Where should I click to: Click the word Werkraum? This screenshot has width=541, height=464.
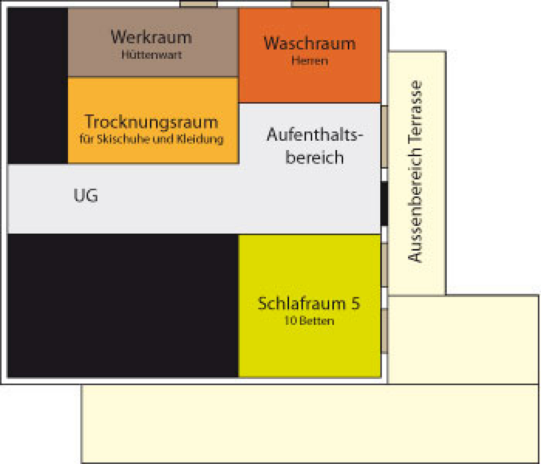pyautogui.click(x=151, y=37)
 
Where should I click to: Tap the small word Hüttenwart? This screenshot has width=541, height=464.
pyautogui.click(x=152, y=55)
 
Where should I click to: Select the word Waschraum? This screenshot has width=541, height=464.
pyautogui.click(x=310, y=44)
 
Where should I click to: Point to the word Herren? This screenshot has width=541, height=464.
pyautogui.click(x=310, y=61)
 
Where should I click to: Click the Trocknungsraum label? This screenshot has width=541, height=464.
pyautogui.click(x=151, y=122)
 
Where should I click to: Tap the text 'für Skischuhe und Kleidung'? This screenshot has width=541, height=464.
pyautogui.click(x=151, y=139)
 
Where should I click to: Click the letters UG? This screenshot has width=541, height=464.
pyautogui.click(x=86, y=195)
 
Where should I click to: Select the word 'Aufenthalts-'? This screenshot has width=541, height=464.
pyautogui.click(x=315, y=135)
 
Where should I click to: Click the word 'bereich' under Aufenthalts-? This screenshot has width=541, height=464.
pyautogui.click(x=314, y=157)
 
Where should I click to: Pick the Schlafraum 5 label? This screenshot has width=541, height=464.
pyautogui.click(x=309, y=304)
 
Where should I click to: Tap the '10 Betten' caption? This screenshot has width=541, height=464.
pyautogui.click(x=309, y=321)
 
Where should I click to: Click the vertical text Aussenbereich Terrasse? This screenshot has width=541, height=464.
pyautogui.click(x=415, y=172)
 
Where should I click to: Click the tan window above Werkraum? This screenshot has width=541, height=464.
pyautogui.click(x=198, y=4)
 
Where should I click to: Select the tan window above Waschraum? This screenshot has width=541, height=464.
pyautogui.click(x=310, y=4)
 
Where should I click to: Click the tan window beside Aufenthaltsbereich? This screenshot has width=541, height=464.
pyautogui.click(x=384, y=137)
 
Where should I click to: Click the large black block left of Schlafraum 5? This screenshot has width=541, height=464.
pyautogui.click(x=123, y=306)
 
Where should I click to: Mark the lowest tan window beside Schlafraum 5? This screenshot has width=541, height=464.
pyautogui.click(x=384, y=331)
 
